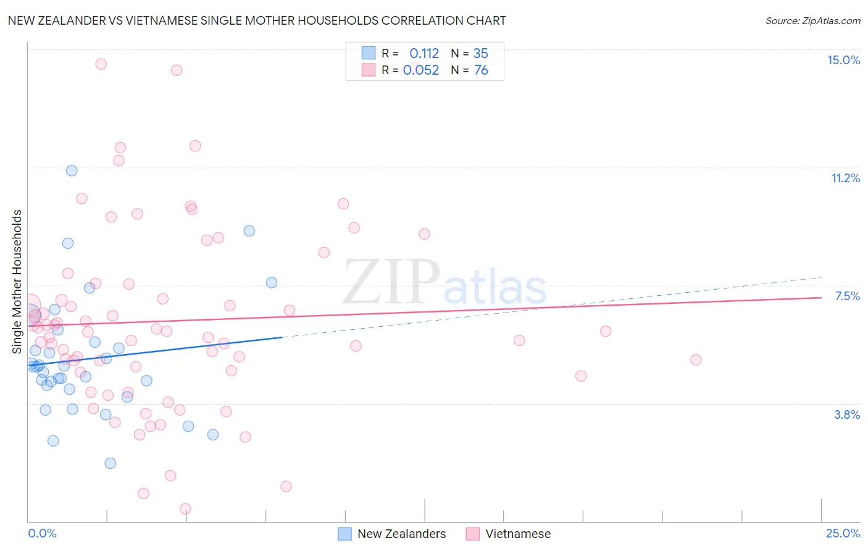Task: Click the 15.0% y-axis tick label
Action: [843, 60]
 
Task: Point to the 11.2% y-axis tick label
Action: [845, 178]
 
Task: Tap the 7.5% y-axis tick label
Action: [847, 296]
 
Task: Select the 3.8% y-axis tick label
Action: [847, 414]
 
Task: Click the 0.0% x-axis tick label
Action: [42, 533]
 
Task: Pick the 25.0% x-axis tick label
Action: [843, 533]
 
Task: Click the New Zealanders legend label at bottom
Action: [401, 534]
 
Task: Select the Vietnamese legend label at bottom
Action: [518, 534]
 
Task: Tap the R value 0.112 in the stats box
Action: [424, 54]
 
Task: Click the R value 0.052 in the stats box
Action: [421, 70]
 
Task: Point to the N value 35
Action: [481, 54]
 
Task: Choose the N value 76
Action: [481, 70]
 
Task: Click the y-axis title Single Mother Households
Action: [17, 282]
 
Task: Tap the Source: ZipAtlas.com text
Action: [812, 21]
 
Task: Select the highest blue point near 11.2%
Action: [72, 170]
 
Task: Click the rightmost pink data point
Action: [696, 360]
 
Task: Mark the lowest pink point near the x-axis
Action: [185, 509]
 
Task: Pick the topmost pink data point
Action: [101, 64]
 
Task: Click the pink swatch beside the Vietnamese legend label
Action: [473, 534]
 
